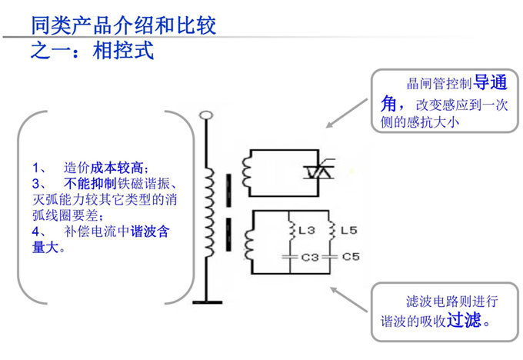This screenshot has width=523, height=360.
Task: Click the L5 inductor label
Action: [x=348, y=230]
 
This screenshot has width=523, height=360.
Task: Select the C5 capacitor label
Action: [x=350, y=257]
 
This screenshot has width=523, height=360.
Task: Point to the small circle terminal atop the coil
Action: [x=205, y=117]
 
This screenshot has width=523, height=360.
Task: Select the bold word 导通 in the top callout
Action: [x=490, y=82]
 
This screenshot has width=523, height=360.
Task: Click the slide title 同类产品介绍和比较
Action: [x=123, y=24]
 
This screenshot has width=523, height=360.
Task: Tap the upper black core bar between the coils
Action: [x=228, y=185]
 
